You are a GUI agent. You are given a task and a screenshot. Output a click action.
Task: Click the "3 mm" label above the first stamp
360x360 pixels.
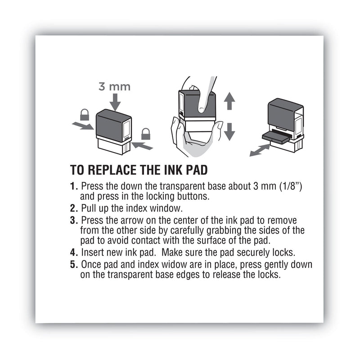pos(114,86)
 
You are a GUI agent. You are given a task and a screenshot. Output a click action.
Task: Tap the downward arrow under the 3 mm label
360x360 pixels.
pos(115,103)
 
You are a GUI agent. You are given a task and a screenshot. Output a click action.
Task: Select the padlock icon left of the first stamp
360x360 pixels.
pos(84,115)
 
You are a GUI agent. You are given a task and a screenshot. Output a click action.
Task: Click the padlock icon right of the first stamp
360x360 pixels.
pos(145,134)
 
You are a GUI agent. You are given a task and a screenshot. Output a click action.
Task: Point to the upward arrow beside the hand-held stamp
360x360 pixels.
pos(229,101)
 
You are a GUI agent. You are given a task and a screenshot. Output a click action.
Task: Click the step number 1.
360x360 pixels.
pos(73,186)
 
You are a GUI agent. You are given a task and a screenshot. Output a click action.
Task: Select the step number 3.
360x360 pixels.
pos(73,220)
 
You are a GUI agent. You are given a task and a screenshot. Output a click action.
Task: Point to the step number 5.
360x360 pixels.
pos(73,265)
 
